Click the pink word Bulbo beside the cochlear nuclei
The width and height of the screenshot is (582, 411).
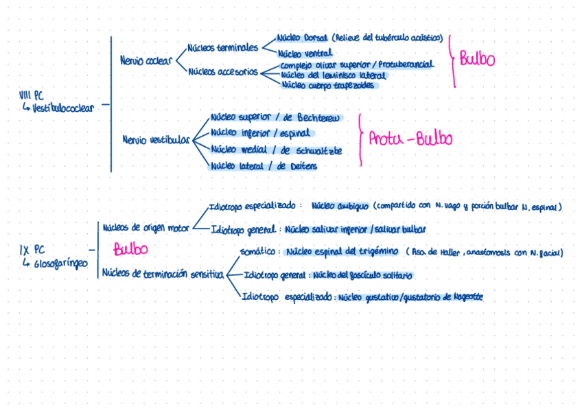(x=477, y=59)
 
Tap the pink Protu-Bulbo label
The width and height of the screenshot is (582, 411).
(x=410, y=139)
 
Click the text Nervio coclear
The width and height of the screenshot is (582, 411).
(x=145, y=60)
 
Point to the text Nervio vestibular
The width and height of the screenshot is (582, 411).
(x=155, y=140)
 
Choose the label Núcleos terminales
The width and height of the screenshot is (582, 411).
(x=222, y=48)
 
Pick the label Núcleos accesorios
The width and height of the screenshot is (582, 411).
(x=223, y=71)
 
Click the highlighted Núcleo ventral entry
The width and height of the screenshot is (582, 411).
(x=305, y=53)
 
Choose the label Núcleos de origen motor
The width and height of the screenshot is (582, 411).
(x=145, y=227)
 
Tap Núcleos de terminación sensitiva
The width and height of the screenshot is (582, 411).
(x=163, y=274)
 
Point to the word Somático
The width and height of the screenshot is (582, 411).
(x=259, y=252)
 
